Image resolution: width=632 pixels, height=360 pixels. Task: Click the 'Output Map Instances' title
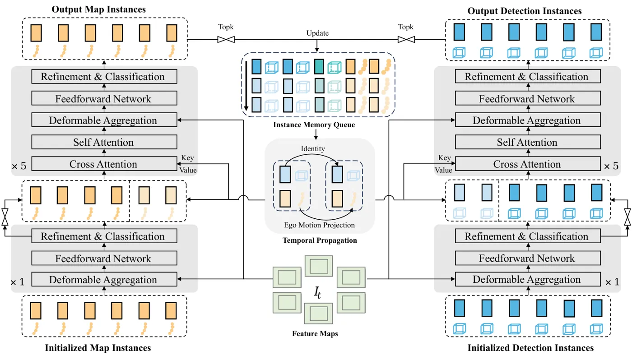click(98, 9)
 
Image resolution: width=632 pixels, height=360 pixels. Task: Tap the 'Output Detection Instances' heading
click(525, 11)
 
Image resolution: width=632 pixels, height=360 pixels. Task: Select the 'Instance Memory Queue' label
click(314, 125)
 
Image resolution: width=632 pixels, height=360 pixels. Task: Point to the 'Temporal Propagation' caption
click(320, 240)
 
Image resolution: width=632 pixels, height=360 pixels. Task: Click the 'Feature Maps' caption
click(315, 333)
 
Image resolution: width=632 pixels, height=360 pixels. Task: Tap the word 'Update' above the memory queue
click(317, 33)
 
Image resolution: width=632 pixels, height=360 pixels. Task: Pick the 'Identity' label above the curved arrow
click(312, 148)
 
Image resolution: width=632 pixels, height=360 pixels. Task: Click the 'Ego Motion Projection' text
click(320, 225)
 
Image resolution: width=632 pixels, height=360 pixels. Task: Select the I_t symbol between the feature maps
click(317, 292)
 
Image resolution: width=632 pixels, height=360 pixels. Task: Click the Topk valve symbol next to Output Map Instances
click(226, 39)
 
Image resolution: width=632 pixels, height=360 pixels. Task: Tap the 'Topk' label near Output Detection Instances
click(406, 27)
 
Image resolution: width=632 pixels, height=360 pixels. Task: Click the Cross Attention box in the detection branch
click(528, 164)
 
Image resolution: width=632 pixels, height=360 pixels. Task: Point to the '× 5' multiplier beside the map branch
click(19, 166)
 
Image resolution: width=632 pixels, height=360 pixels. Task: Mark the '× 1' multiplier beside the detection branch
click(612, 282)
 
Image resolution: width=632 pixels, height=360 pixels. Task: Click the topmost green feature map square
click(319, 266)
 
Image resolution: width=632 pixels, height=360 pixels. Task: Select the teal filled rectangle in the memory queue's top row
click(319, 66)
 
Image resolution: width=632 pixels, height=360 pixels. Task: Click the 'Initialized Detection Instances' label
click(530, 348)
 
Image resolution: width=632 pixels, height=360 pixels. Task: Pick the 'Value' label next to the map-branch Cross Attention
click(188, 170)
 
